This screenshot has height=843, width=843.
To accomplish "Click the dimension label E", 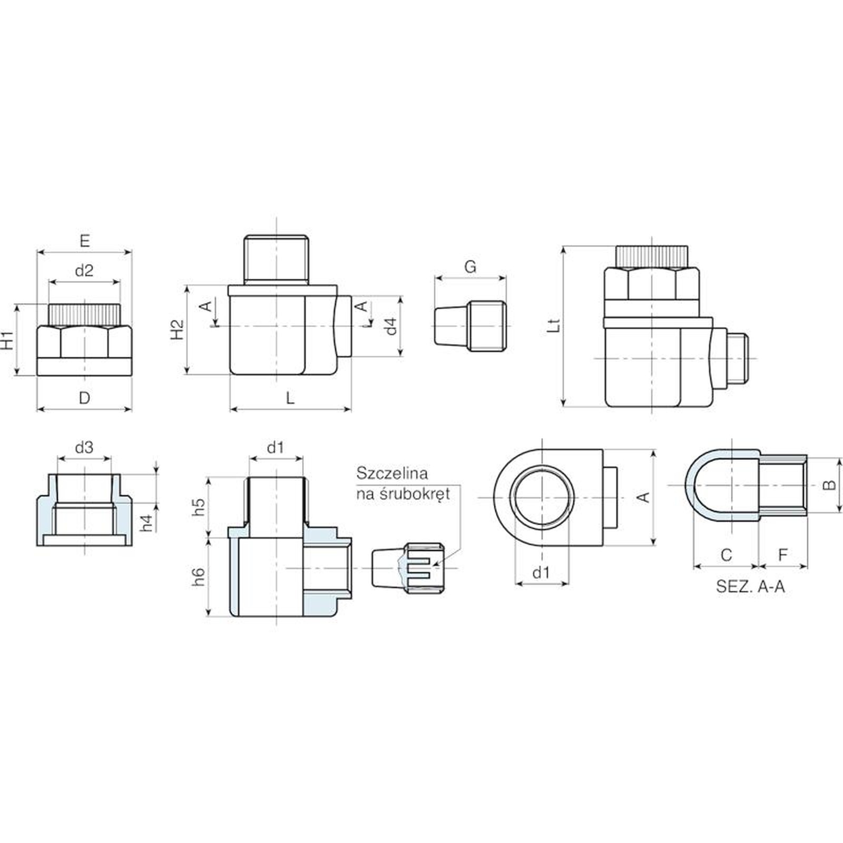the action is tap(85, 241).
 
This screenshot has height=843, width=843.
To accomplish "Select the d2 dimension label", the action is tap(84, 270).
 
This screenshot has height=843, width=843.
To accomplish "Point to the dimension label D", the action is tap(84, 398).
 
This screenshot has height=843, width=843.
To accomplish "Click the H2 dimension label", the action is tap(178, 330).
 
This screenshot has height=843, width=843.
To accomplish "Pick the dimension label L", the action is tap(290, 398).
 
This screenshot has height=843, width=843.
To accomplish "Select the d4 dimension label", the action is tap(390, 326).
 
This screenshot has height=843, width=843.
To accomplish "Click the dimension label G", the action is tap(470, 267).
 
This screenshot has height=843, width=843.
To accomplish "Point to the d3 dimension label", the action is tap(84, 447).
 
